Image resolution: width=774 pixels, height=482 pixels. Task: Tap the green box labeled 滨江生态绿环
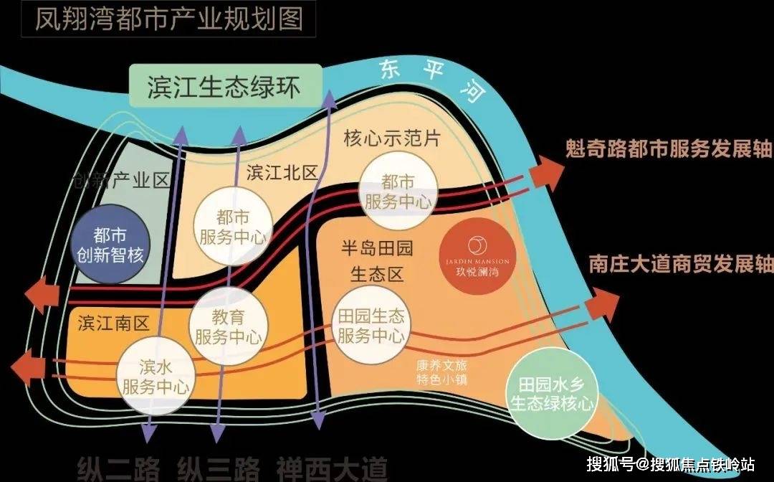coord(224,88)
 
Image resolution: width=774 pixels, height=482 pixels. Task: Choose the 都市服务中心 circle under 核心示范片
coord(398,192)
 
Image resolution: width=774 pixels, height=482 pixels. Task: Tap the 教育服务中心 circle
coord(229,326)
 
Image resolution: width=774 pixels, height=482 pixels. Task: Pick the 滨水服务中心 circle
coord(156,377)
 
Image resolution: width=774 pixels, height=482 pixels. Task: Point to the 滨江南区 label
coord(113,323)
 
